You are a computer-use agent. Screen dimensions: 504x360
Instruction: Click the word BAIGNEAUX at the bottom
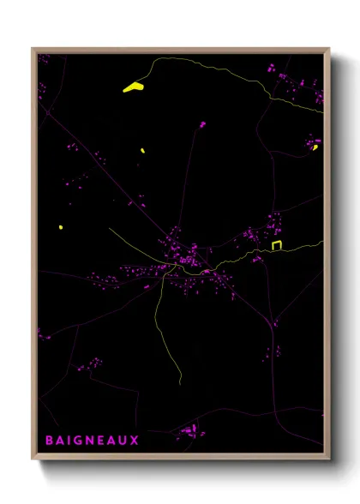pos(92,440)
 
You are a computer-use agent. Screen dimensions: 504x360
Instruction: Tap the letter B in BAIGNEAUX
pos(49,440)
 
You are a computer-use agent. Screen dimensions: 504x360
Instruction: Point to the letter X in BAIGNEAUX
pos(135,440)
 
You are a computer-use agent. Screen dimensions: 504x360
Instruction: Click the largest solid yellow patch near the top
pos(133,87)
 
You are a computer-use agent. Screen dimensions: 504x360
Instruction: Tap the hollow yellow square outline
pos(277,246)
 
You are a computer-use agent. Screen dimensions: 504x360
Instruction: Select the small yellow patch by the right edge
pos(315,147)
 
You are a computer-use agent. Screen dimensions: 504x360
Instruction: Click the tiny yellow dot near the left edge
pos(60,227)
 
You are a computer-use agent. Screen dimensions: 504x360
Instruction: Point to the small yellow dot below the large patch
pos(141,152)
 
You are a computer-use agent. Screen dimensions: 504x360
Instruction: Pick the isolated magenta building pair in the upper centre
pos(202,125)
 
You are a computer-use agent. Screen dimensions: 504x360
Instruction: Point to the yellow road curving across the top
pos(214,64)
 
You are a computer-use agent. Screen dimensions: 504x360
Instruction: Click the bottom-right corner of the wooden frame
pos(328,459)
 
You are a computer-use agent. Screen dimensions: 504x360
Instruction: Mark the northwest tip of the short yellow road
pos(109,228)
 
